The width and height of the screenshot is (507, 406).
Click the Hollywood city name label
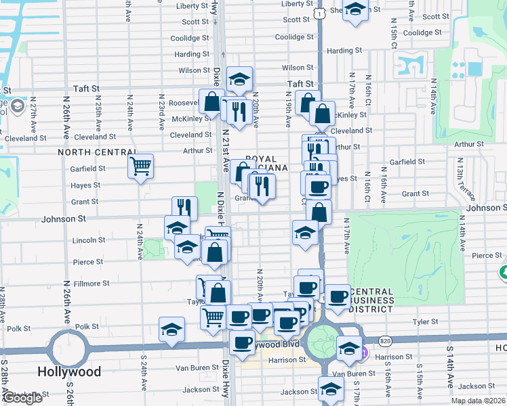point(70,371)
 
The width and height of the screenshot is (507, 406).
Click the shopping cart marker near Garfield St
point(140,165)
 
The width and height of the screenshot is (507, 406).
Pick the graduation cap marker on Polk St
point(171,330)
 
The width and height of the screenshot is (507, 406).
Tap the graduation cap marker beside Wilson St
point(239,80)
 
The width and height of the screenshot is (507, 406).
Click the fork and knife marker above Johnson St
point(183,208)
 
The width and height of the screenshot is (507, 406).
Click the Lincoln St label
point(88,240)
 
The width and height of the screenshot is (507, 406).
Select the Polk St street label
point(87,327)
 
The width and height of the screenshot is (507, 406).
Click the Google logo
point(22,399)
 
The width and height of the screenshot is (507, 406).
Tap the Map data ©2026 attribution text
point(478,401)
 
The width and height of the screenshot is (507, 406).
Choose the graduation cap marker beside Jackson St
point(331,389)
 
